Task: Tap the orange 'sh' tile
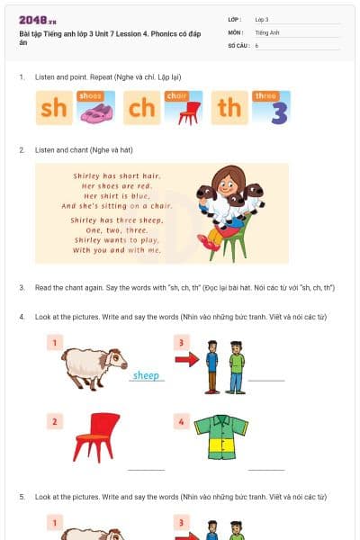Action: tap(53, 108)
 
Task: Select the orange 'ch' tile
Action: tap(140, 108)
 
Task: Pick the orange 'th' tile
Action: tap(229, 108)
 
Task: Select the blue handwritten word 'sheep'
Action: tap(146, 376)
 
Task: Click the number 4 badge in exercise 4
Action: tap(181, 420)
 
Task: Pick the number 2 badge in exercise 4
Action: tap(55, 420)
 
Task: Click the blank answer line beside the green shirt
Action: tap(266, 469)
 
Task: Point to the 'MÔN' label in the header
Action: tap(235, 31)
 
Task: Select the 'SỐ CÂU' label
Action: tap(238, 45)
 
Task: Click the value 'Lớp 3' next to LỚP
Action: tap(262, 19)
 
